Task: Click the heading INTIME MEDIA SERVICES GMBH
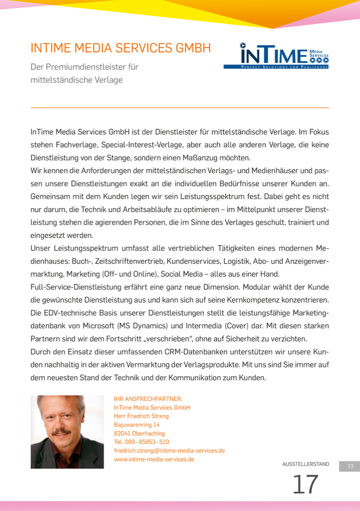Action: point(121,48)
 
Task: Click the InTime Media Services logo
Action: point(276,56)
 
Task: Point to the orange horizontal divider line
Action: point(180,108)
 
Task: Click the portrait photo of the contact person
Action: point(67,432)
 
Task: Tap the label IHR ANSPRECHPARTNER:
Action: point(148,399)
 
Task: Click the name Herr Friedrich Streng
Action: point(141,416)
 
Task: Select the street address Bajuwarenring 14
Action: point(137,425)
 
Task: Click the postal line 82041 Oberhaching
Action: point(140,433)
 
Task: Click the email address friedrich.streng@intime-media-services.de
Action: point(169,450)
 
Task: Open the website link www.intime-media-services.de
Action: point(154,459)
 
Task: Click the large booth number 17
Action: point(305,485)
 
